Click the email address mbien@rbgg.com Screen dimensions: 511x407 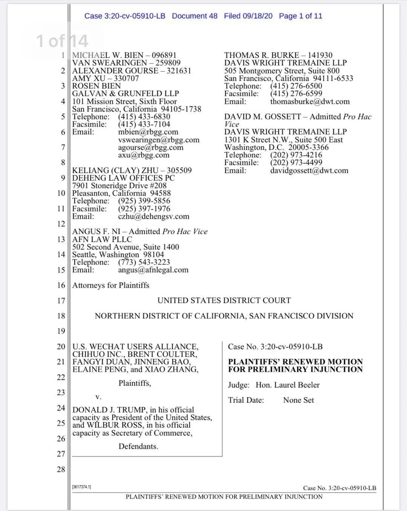tap(148, 132)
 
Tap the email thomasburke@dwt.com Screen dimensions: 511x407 tap(310, 102)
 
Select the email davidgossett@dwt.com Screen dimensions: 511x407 tap(309, 170)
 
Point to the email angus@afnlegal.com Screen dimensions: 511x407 tap(153, 270)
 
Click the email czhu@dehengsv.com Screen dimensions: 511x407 tap(153, 216)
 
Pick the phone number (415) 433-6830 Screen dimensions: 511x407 tap(144, 117)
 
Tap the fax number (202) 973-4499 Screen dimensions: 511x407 tap(296, 163)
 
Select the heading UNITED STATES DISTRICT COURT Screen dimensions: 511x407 tap(224, 300)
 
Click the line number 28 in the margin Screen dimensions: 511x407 tap(61, 469)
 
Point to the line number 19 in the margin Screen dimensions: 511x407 tap(61, 331)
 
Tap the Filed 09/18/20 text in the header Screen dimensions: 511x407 tap(248, 16)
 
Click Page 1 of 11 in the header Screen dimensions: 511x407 tap(300, 16)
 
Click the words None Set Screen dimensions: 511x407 tap(298, 400)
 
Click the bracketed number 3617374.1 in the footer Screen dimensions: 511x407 tap(81, 487)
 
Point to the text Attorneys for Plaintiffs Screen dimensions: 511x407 tap(111, 285)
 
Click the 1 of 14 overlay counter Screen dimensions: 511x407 tap(62, 41)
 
